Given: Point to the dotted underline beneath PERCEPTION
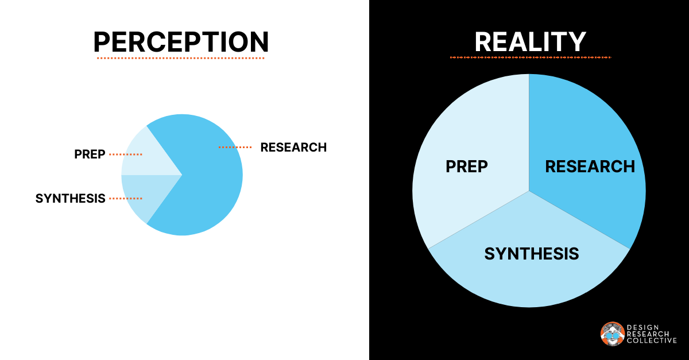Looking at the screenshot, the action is (x=181, y=58).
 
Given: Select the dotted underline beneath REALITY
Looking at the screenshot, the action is (x=530, y=57).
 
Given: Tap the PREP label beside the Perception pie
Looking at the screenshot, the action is (x=90, y=154).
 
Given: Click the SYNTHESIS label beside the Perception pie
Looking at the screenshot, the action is (x=71, y=199).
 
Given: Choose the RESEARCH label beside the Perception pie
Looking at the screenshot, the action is (x=293, y=147).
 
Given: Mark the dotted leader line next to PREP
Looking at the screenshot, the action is (x=125, y=154).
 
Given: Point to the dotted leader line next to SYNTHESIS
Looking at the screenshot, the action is (x=125, y=199).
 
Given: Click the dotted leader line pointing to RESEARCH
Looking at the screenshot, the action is (x=235, y=148).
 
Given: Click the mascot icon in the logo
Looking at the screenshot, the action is (x=612, y=334).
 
